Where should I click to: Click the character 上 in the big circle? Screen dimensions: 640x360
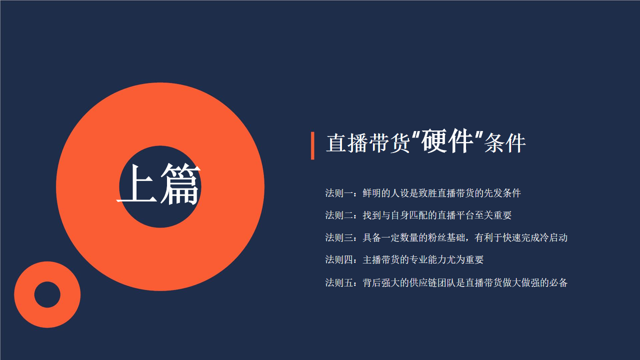pos(137,184)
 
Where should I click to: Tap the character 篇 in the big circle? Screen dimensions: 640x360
pos(180,184)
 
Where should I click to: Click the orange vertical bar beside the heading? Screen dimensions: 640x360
pos(312,145)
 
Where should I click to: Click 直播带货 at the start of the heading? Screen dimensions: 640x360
pos(368,143)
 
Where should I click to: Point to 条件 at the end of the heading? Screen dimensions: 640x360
pos(505,143)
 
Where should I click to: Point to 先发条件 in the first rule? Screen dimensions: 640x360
pos(502,193)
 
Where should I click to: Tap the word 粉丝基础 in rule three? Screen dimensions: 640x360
pos(446,237)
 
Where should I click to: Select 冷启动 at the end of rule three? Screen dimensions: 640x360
pos(553,237)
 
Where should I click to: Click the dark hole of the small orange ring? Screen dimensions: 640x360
pos(47,294)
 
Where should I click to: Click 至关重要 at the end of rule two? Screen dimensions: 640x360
pos(493,215)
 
